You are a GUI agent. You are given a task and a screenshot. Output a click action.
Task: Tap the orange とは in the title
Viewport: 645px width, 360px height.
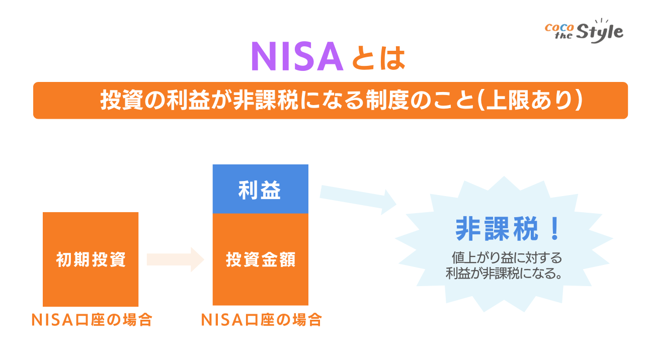(x=378, y=57)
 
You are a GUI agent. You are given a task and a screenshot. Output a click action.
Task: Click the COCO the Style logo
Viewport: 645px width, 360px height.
(x=584, y=31)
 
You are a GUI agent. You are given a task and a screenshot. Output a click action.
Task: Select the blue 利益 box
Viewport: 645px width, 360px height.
(x=260, y=190)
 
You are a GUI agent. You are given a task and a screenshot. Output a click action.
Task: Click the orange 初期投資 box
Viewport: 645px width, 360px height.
(x=91, y=259)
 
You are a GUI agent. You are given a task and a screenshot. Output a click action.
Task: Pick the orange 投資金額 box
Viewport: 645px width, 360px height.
(x=260, y=259)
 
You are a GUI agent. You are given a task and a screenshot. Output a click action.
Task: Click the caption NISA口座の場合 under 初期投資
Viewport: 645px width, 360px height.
(x=91, y=320)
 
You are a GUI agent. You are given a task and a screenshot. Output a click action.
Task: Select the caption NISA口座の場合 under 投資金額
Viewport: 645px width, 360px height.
(x=261, y=320)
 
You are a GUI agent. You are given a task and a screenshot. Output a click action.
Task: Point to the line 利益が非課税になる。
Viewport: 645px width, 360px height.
(x=504, y=275)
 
